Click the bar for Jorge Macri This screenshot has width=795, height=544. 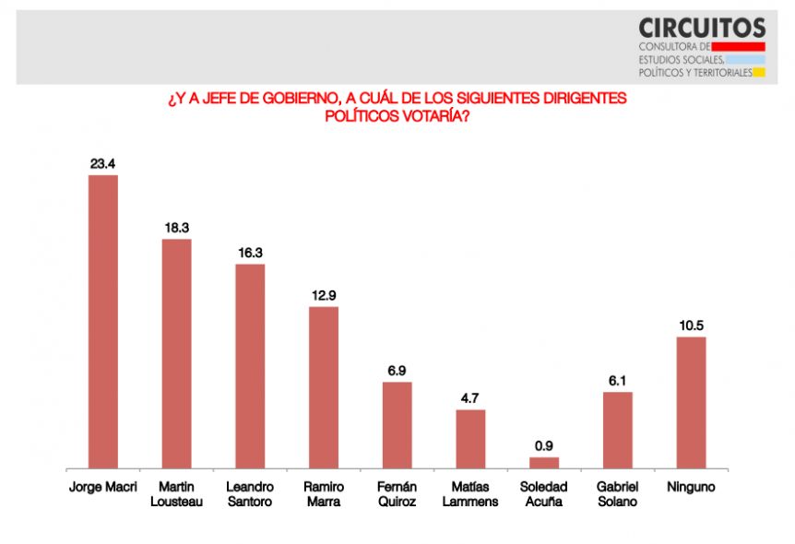tap(103, 322)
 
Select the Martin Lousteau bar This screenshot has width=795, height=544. tap(176, 354)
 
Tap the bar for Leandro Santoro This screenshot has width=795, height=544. tap(250, 367)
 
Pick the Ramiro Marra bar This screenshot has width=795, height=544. tap(324, 388)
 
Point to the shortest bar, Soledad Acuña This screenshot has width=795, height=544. tap(544, 464)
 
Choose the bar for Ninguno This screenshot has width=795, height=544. tap(691, 403)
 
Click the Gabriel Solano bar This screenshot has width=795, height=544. tap(618, 431)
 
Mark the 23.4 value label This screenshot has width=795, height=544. tap(103, 164)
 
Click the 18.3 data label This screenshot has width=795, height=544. tap(177, 228)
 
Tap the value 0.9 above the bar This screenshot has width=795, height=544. tap(544, 446)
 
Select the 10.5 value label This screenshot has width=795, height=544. tap(692, 325)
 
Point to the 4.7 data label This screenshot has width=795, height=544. tap(470, 398)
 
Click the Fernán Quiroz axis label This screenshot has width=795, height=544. tap(397, 494)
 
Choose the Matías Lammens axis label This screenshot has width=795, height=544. tap(470, 494)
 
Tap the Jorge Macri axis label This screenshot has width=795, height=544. tap(103, 487)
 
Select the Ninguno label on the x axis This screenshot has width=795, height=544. tap(691, 487)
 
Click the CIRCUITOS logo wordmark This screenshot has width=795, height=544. tap(702, 28)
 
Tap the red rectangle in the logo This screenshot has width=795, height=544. tap(738, 47)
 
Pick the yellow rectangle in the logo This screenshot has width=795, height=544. tap(759, 73)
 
